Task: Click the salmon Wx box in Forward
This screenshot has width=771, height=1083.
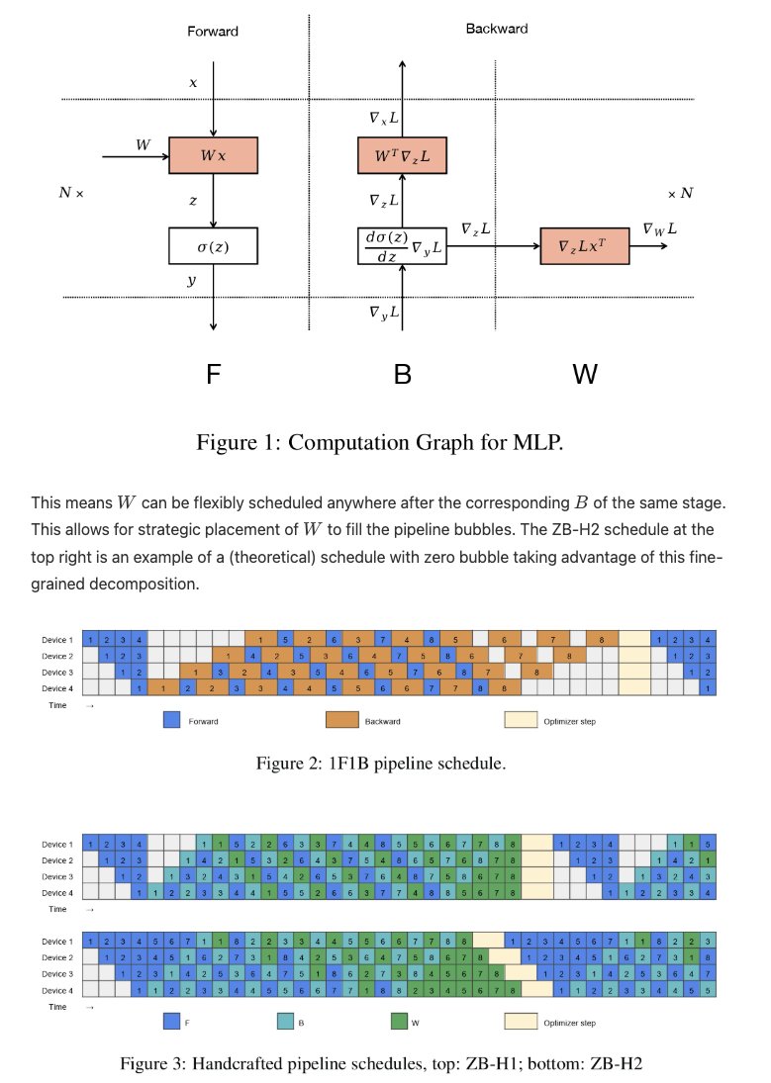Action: (213, 155)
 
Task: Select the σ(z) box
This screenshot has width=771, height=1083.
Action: (213, 245)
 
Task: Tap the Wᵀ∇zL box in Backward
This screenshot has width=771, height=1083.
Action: (402, 155)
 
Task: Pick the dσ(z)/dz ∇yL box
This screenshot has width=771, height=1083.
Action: (402, 245)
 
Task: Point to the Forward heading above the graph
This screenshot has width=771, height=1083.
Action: (213, 32)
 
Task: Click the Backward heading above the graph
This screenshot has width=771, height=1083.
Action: (496, 29)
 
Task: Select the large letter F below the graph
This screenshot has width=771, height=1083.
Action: (213, 375)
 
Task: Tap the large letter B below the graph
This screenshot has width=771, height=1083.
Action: (402, 375)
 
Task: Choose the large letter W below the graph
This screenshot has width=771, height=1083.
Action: (585, 375)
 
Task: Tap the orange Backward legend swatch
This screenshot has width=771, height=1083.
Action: (339, 721)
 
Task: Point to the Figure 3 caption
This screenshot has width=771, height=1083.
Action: (382, 1064)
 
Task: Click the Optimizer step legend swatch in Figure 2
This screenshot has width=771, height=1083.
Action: (518, 721)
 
